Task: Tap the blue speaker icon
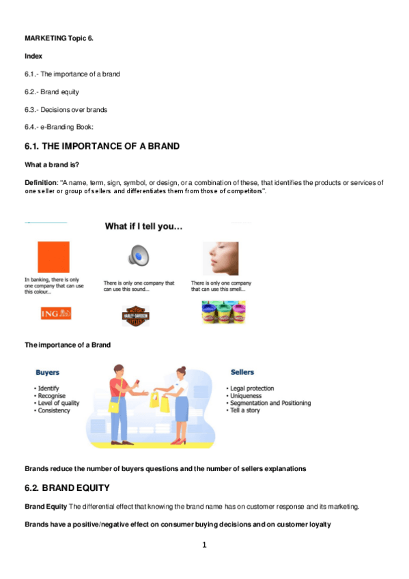click(x=138, y=257)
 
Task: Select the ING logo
click(x=56, y=313)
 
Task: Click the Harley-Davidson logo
click(x=135, y=315)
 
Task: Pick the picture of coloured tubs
click(x=223, y=312)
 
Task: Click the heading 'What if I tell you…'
click(x=143, y=226)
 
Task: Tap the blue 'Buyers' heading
click(x=47, y=373)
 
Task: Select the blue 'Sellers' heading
click(x=242, y=372)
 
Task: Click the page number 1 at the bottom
click(x=203, y=545)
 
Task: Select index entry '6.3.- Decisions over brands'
click(x=66, y=109)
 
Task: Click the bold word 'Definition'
click(x=40, y=182)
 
